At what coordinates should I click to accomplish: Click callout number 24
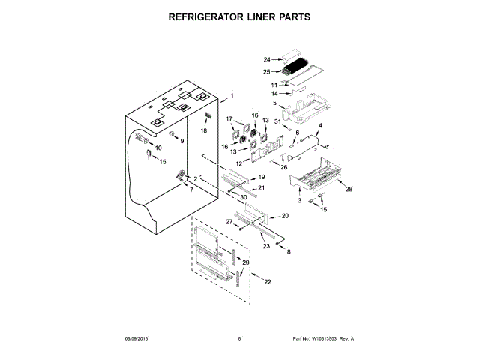click(x=266, y=58)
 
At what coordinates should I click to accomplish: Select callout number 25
click(x=266, y=71)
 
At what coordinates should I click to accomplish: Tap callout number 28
click(x=348, y=190)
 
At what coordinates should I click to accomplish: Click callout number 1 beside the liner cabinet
click(x=232, y=95)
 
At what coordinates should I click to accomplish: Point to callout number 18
click(x=203, y=130)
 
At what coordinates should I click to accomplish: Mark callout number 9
click(x=181, y=141)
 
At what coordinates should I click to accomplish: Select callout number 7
click(x=190, y=190)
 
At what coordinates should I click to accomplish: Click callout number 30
click(x=244, y=197)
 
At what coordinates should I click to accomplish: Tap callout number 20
click(x=284, y=215)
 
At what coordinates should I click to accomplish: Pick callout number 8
click(x=289, y=251)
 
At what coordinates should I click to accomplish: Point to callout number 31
click(x=277, y=121)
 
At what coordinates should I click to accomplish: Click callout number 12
click(x=239, y=163)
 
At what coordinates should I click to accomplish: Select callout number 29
click(x=245, y=262)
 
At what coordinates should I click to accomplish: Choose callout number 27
click(x=230, y=221)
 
